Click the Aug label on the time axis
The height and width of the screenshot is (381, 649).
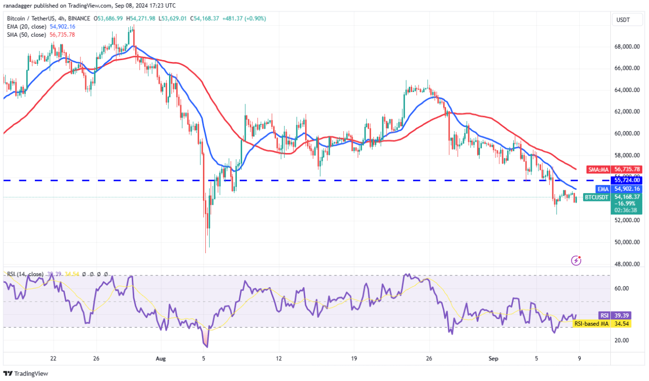click(x=161, y=359)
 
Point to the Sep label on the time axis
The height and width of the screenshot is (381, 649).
click(x=493, y=359)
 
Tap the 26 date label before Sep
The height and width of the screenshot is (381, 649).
click(x=429, y=359)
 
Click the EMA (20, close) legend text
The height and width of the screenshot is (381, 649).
click(x=27, y=27)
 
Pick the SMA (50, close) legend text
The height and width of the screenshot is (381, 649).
click(x=27, y=35)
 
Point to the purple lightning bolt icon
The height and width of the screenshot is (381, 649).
click(x=576, y=260)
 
